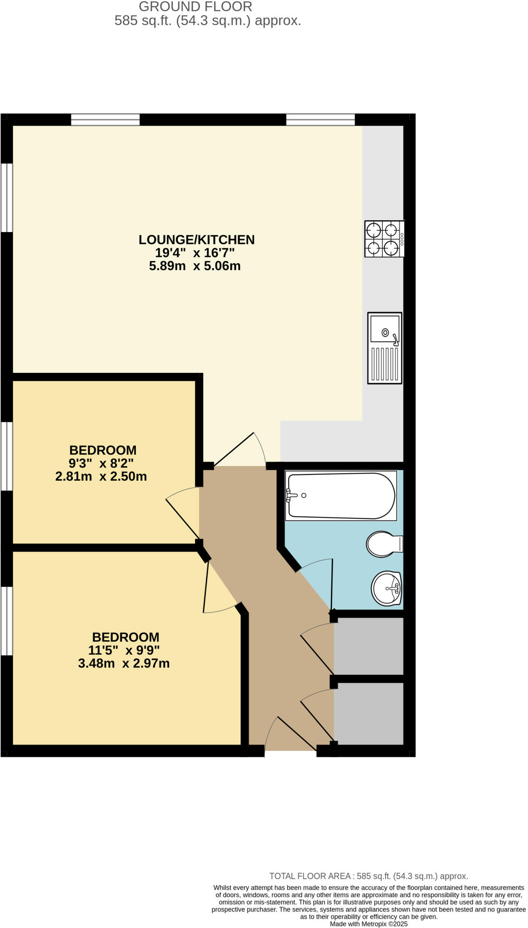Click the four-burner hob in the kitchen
384,239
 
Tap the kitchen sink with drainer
384,348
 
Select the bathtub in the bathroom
341,496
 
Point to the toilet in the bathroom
383,544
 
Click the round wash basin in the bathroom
386,588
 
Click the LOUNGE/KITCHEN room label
196,240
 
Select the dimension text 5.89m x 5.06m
194,266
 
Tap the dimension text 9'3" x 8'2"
101,463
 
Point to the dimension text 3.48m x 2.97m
124,663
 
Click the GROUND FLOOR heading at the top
195,7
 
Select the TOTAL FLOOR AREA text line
368,876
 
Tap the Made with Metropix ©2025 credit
368,924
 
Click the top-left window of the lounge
105,120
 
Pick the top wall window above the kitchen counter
320,120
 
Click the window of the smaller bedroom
6,456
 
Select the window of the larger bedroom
6,621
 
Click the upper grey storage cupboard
368,646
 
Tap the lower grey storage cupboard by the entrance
368,713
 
